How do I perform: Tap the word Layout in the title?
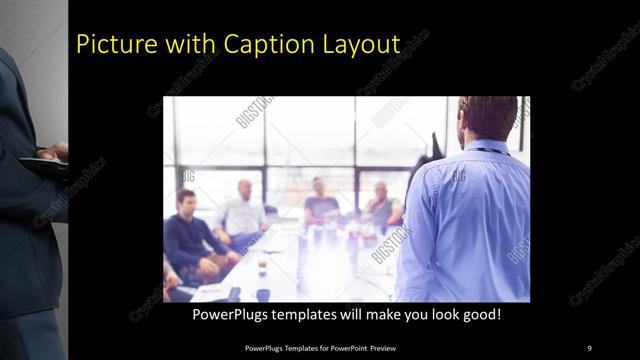pos(365,45)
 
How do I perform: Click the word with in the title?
pos(190,45)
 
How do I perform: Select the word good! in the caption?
pos(479,315)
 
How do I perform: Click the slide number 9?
pos(589,347)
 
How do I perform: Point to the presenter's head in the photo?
pos(489,118)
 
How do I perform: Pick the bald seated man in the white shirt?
pos(243,210)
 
